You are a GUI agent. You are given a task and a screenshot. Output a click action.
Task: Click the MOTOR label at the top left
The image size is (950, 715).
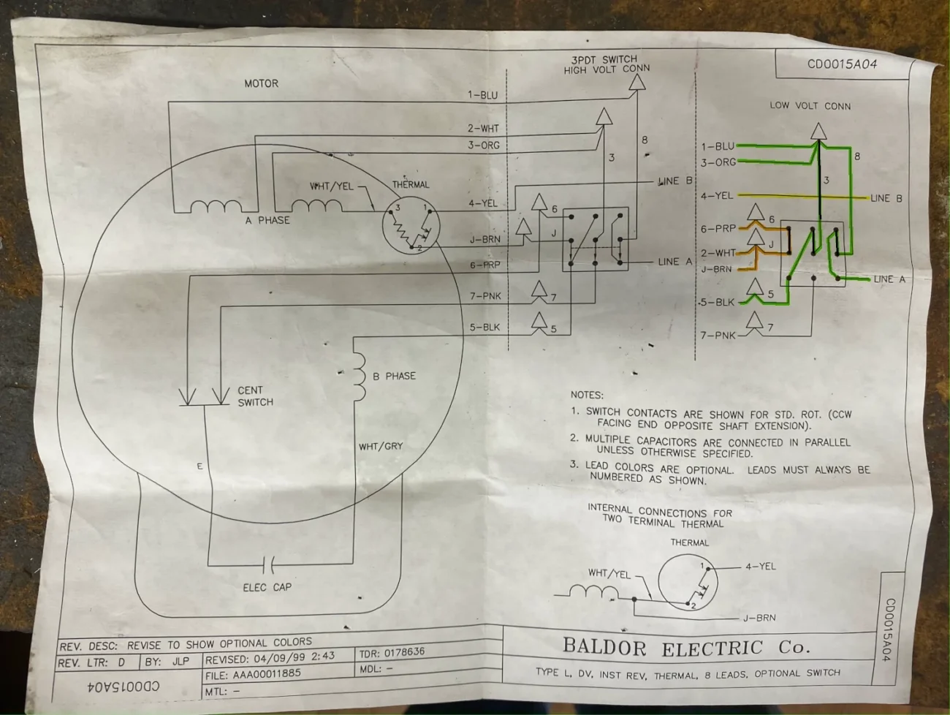click(261, 83)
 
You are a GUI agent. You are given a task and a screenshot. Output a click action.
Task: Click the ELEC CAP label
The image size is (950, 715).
click(267, 587)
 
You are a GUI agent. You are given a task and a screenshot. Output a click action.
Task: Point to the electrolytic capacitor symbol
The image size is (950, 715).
click(268, 564)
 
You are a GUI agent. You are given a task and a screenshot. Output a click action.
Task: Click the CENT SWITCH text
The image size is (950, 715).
click(255, 396)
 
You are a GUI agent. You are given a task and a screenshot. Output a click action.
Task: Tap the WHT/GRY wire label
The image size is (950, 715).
click(380, 446)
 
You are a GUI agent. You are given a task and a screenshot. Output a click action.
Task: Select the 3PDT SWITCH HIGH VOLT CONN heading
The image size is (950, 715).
click(606, 64)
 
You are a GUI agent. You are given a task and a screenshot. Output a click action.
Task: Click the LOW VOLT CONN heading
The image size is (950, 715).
click(810, 105)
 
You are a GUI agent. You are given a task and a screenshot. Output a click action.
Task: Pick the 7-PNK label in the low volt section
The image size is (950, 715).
click(718, 335)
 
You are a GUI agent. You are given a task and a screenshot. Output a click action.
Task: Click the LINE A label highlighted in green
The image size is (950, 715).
click(889, 279)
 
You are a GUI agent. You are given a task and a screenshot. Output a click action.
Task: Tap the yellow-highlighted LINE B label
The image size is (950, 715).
click(886, 198)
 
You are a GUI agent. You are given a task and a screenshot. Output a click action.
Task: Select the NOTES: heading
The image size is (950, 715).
click(587, 395)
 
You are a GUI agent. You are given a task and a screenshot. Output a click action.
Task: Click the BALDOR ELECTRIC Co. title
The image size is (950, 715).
click(685, 647)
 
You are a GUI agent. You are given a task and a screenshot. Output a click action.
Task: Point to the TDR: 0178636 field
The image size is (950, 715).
click(392, 652)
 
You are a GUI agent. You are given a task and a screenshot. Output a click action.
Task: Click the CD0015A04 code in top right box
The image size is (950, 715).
click(842, 64)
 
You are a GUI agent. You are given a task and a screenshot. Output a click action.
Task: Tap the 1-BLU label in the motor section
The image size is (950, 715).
click(482, 95)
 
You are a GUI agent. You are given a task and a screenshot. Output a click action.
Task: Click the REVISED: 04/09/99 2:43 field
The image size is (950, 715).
click(270, 657)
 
